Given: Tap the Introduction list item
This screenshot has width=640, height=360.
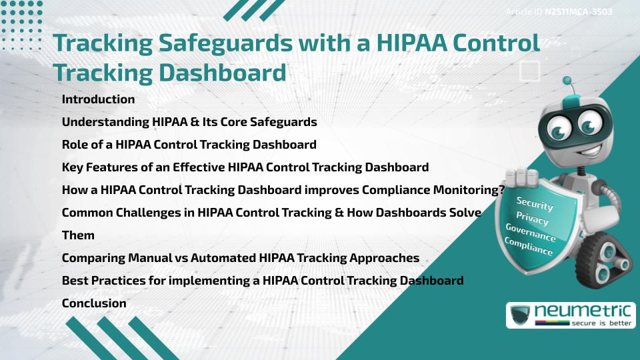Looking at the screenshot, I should (98, 99).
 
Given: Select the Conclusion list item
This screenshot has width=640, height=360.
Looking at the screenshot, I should (94, 303).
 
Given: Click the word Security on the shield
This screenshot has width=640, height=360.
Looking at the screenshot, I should (535, 203).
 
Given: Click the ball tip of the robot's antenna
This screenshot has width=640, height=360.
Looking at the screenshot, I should (567, 81).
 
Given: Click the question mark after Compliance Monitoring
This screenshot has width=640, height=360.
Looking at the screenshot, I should (501, 190).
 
